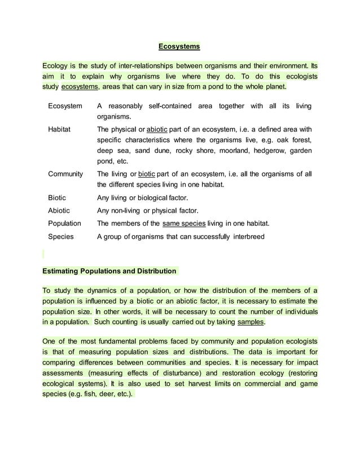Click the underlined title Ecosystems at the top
[179, 46]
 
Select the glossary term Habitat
[59, 129]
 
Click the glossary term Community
[65, 174]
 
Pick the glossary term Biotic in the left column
[57, 197]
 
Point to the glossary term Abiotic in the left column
[59, 210]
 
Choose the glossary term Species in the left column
[61, 236]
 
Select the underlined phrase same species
[183, 223]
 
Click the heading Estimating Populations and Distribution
[109, 271]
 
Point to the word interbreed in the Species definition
[247, 236]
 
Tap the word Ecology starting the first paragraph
[56, 65]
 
